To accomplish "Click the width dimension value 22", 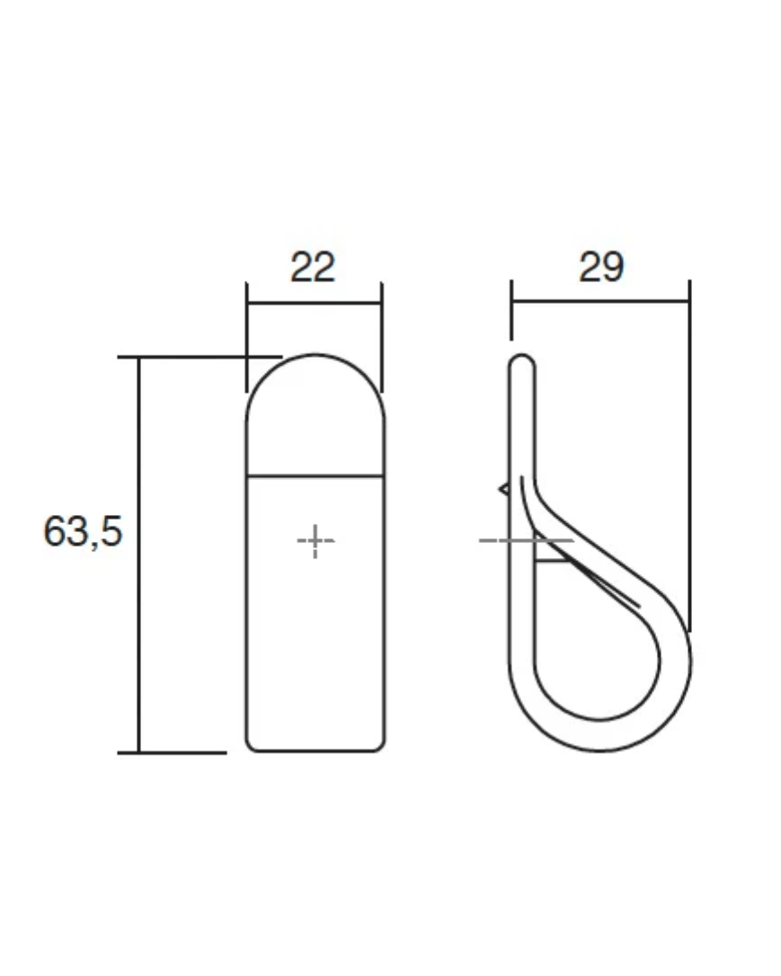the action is click(313, 267).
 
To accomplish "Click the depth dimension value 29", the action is click(601, 267).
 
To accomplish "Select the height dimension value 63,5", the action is click(83, 531).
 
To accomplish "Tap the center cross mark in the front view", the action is click(315, 541).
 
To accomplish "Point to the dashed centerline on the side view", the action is click(526, 540).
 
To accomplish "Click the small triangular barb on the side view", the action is click(503, 489).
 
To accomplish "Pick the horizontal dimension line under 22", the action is click(315, 303).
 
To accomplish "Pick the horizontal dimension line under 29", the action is click(600, 301).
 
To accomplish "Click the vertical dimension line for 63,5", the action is click(138, 555).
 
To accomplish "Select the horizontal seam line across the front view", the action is click(315, 477).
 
